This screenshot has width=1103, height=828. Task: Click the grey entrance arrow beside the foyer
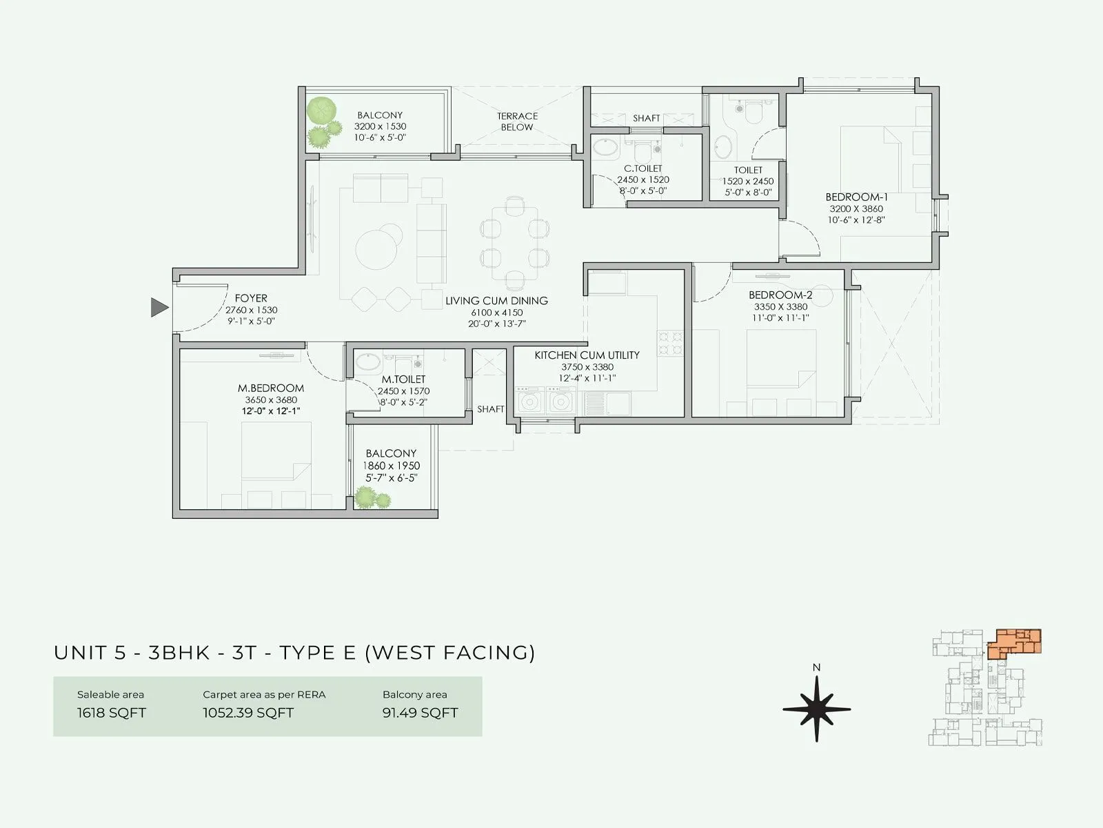[159, 307]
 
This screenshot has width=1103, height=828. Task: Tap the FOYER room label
[251, 298]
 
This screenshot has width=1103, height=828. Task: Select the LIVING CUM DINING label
[496, 301]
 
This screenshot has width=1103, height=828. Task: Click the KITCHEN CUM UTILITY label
[587, 355]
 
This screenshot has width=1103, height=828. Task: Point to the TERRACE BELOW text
[517, 121]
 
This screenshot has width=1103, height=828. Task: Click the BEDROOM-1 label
[856, 197]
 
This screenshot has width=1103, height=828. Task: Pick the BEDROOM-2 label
[780, 295]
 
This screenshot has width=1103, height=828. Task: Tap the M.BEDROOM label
[271, 388]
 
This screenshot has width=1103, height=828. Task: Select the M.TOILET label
[403, 379]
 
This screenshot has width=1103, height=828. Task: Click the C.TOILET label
[642, 168]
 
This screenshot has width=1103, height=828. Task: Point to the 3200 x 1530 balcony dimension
[380, 127]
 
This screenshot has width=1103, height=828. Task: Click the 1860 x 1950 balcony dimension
[391, 466]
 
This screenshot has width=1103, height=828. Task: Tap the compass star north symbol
[816, 709]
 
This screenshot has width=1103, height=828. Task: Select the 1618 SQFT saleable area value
[112, 713]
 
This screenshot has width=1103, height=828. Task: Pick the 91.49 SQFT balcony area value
[420, 713]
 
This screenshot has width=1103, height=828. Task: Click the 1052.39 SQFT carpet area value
[248, 713]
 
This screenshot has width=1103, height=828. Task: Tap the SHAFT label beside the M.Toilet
[491, 409]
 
